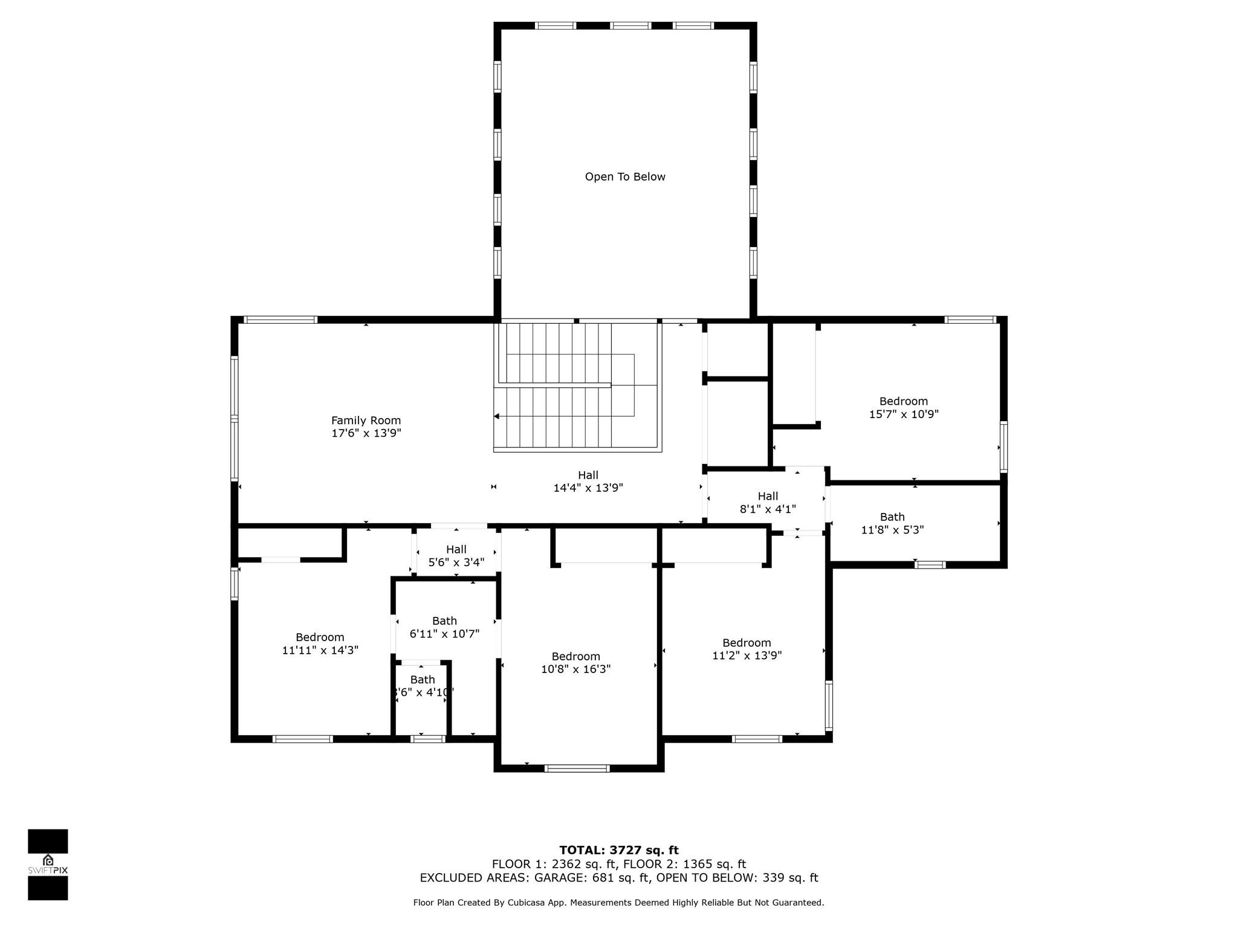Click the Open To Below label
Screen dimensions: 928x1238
pos(625,177)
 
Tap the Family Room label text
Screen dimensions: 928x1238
pos(366,420)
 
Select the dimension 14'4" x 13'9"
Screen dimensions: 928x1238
pos(588,488)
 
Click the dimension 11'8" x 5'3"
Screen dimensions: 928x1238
pos(892,530)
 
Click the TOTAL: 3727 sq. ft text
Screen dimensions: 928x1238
pos(618,851)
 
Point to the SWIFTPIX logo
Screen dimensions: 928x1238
pos(48,865)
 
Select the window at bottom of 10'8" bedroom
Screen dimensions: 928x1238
pos(577,768)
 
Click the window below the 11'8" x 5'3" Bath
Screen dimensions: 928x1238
pos(930,565)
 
